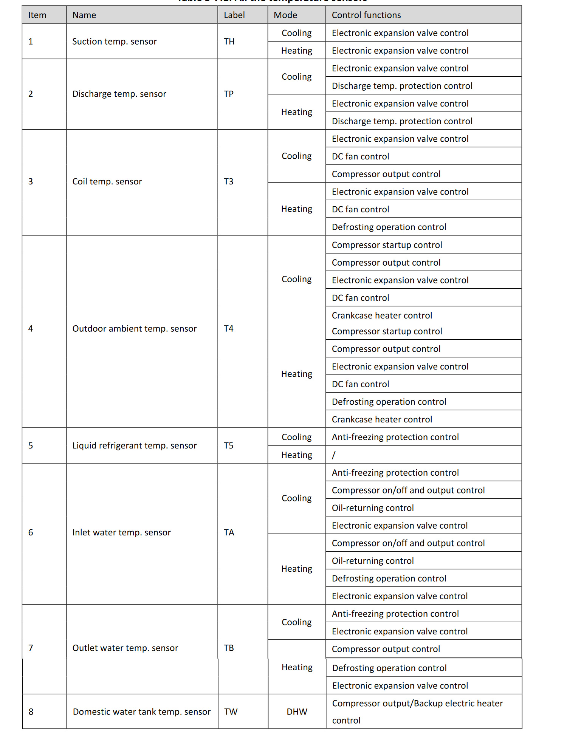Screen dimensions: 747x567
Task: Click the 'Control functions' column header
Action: pyautogui.click(x=366, y=15)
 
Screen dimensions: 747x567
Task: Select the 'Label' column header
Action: pyautogui.click(x=234, y=15)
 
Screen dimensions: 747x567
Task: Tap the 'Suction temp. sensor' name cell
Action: pyautogui.click(x=114, y=42)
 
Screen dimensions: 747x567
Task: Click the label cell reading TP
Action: pyautogui.click(x=229, y=94)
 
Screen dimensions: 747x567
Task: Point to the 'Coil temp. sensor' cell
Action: pyautogui.click(x=107, y=181)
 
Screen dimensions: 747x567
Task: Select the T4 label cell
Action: pyautogui.click(x=229, y=329)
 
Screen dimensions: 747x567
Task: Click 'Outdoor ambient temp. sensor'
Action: pyautogui.click(x=134, y=329)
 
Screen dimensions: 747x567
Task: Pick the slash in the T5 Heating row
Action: pyautogui.click(x=333, y=455)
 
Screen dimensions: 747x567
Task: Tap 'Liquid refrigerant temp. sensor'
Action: pyautogui.click(x=134, y=446)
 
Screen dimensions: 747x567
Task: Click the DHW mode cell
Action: pyautogui.click(x=297, y=712)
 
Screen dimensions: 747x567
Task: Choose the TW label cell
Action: pyautogui.click(x=231, y=712)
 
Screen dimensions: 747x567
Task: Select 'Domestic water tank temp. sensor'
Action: pyautogui.click(x=141, y=712)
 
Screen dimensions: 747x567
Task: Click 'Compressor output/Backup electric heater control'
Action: pyautogui.click(x=417, y=711)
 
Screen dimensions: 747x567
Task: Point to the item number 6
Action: pyautogui.click(x=31, y=532)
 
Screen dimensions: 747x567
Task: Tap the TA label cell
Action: pyautogui.click(x=229, y=532)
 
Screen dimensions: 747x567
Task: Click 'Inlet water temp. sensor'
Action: pyautogui.click(x=121, y=532)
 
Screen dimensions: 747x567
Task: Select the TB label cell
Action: pyautogui.click(x=229, y=648)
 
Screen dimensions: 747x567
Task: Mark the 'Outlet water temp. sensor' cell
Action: pyautogui.click(x=125, y=648)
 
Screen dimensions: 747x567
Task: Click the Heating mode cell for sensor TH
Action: pyautogui.click(x=297, y=51)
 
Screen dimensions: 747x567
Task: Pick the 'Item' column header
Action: pyautogui.click(x=37, y=15)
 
